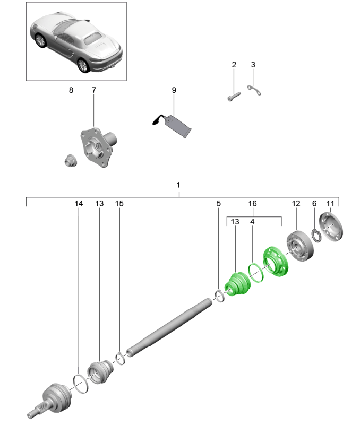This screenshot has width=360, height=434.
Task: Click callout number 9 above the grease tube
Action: (x=174, y=90)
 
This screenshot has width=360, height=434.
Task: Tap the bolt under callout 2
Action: (x=233, y=97)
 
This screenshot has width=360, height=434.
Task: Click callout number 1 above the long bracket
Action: (x=178, y=186)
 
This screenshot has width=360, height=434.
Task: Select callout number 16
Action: (x=253, y=203)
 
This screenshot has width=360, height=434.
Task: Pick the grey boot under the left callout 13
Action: (x=100, y=369)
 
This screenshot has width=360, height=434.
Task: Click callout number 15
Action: (x=119, y=203)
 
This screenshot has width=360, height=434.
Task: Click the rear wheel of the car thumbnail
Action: (x=83, y=64)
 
